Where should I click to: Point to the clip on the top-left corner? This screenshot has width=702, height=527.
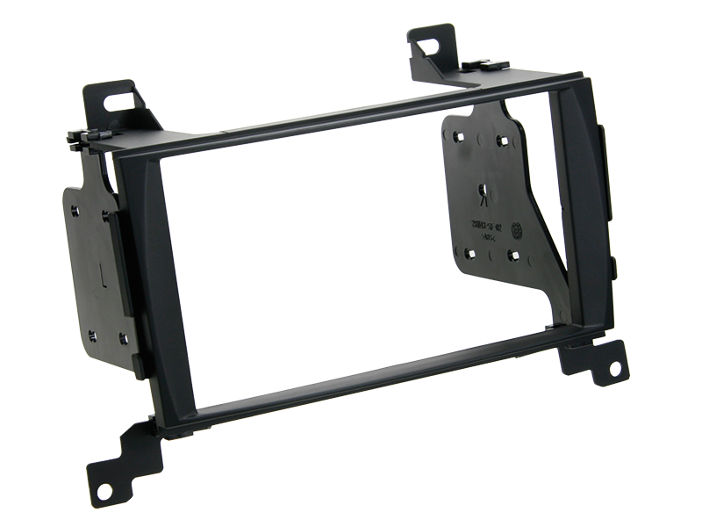(90, 139)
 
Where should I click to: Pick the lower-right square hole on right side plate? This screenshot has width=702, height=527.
(513, 256)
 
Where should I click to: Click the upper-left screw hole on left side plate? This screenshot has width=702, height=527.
(75, 211)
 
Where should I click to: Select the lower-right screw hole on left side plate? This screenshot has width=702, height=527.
(123, 338)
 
